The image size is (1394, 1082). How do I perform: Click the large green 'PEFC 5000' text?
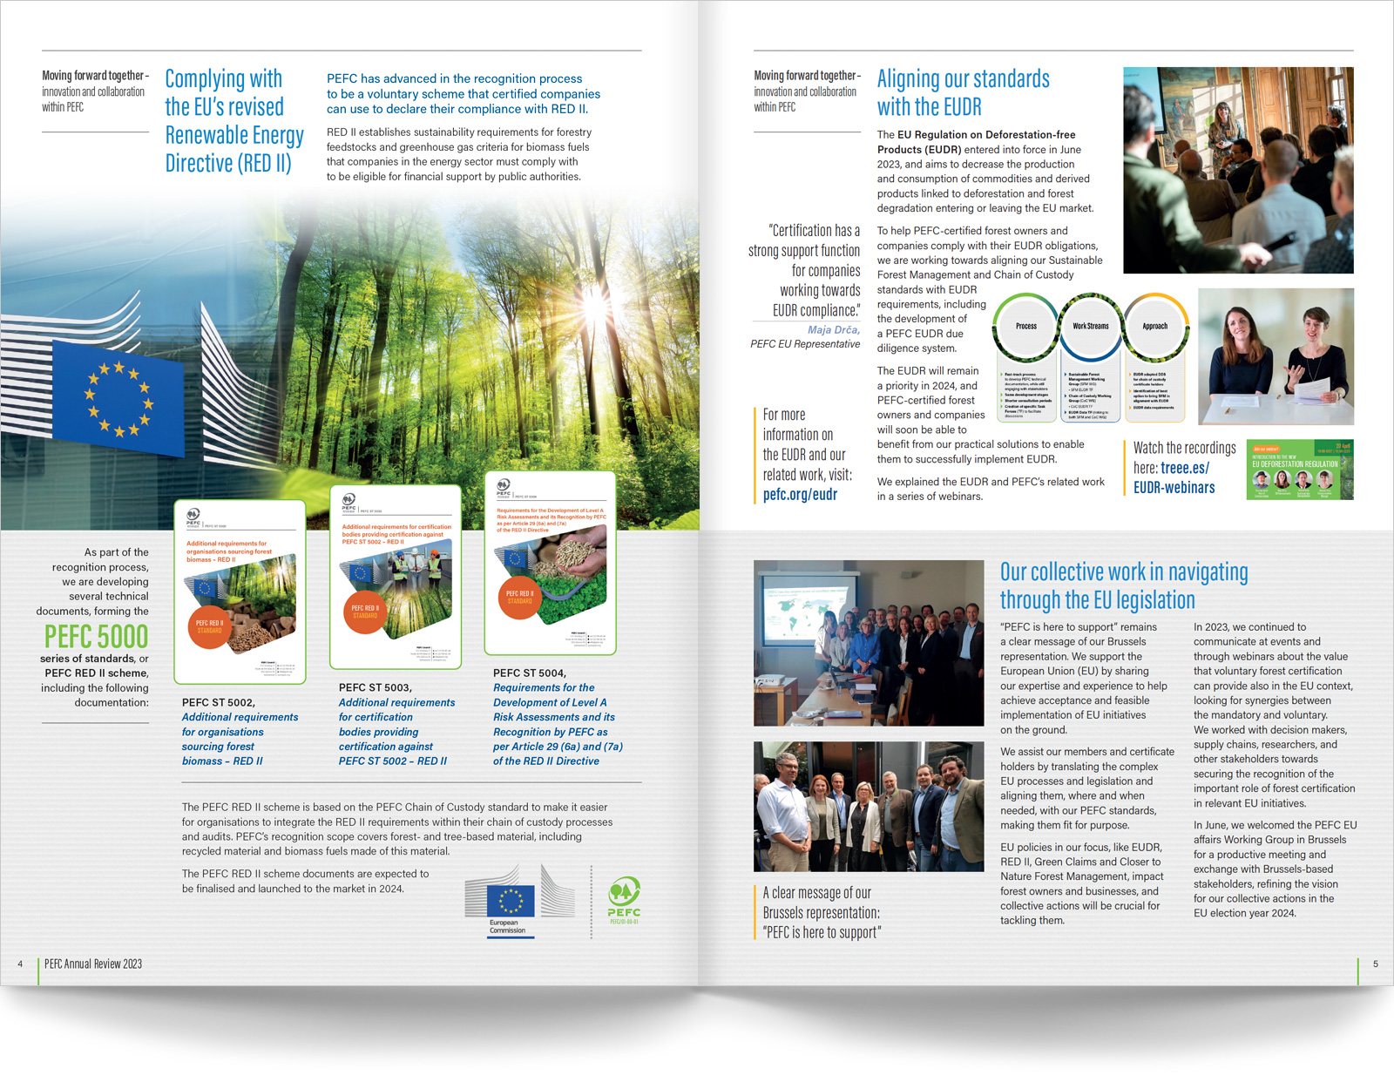(96, 637)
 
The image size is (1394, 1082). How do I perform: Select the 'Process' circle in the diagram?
(1026, 327)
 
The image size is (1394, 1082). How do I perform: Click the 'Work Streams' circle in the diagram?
(1090, 327)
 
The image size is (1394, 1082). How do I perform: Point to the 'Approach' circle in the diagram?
(1154, 327)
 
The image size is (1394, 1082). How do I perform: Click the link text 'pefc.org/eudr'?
(800, 495)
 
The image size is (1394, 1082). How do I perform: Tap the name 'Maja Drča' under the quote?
(833, 330)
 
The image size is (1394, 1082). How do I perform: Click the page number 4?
(20, 964)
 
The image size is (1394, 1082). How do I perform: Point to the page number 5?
(1376, 964)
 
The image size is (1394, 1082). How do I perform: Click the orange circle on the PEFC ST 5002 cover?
(209, 627)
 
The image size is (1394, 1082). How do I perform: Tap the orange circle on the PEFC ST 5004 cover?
(519, 597)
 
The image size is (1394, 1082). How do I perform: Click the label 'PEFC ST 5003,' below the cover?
(375, 687)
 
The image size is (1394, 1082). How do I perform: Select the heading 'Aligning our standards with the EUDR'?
(963, 93)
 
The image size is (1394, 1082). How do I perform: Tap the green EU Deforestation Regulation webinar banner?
(1299, 470)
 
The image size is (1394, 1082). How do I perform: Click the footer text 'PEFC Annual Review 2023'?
(93, 964)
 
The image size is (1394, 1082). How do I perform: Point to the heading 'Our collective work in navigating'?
(1123, 572)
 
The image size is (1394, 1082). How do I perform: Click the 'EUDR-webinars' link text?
(1174, 488)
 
